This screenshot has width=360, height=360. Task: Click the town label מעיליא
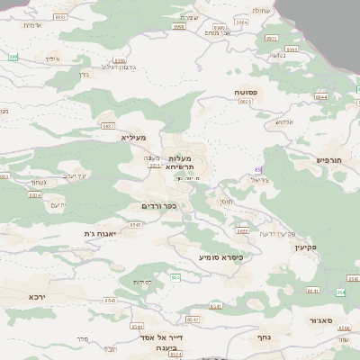pos(133,138)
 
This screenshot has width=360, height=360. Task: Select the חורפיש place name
pos(329,159)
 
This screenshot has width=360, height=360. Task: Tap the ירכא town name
pos(37,296)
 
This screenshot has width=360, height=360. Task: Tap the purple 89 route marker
pos(258,168)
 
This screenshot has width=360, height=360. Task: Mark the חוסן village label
pos(226,202)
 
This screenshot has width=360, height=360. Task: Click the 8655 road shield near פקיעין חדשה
pos(243,230)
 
